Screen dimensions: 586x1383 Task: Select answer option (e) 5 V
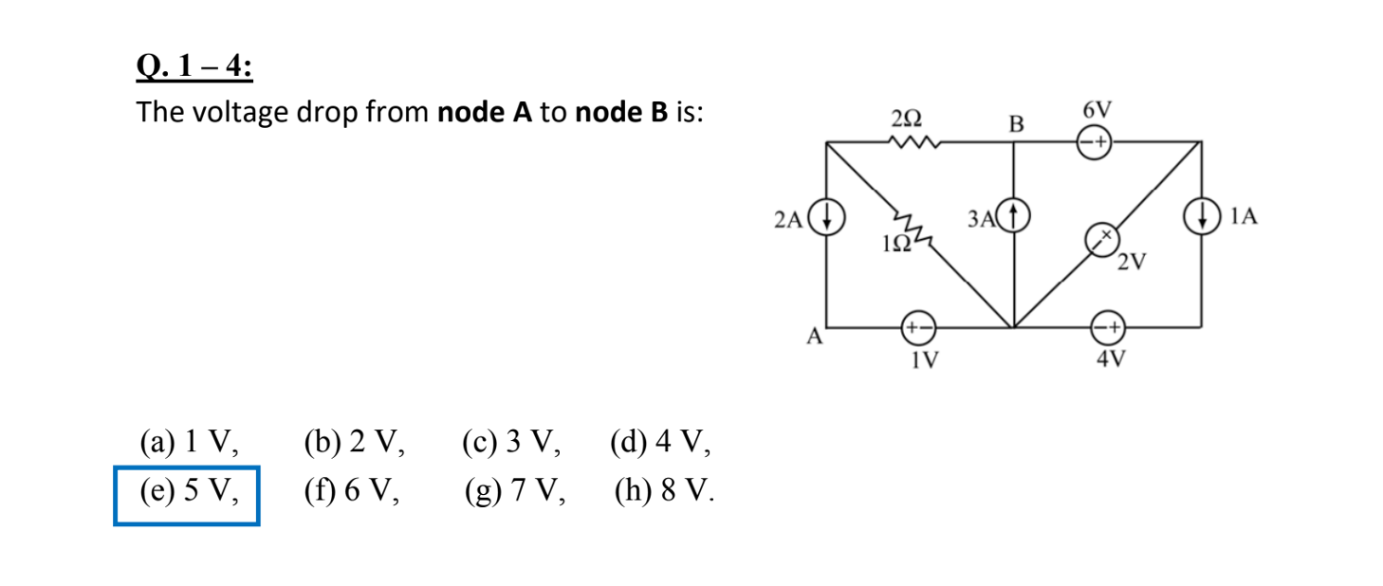tap(186, 492)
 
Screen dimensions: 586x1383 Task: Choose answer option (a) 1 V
tap(187, 442)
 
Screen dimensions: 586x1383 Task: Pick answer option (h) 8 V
tap(663, 492)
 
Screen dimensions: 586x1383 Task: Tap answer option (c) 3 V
tap(510, 442)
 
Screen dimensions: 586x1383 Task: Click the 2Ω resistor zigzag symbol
tap(913, 144)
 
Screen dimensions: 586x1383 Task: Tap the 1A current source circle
tap(1203, 218)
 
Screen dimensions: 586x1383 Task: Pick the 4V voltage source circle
tap(1108, 328)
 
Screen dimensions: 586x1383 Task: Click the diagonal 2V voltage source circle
tap(1102, 242)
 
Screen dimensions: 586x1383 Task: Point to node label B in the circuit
tap(1017, 123)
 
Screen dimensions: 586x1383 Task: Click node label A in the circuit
tap(813, 337)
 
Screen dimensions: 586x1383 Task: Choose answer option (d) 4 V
tap(660, 442)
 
